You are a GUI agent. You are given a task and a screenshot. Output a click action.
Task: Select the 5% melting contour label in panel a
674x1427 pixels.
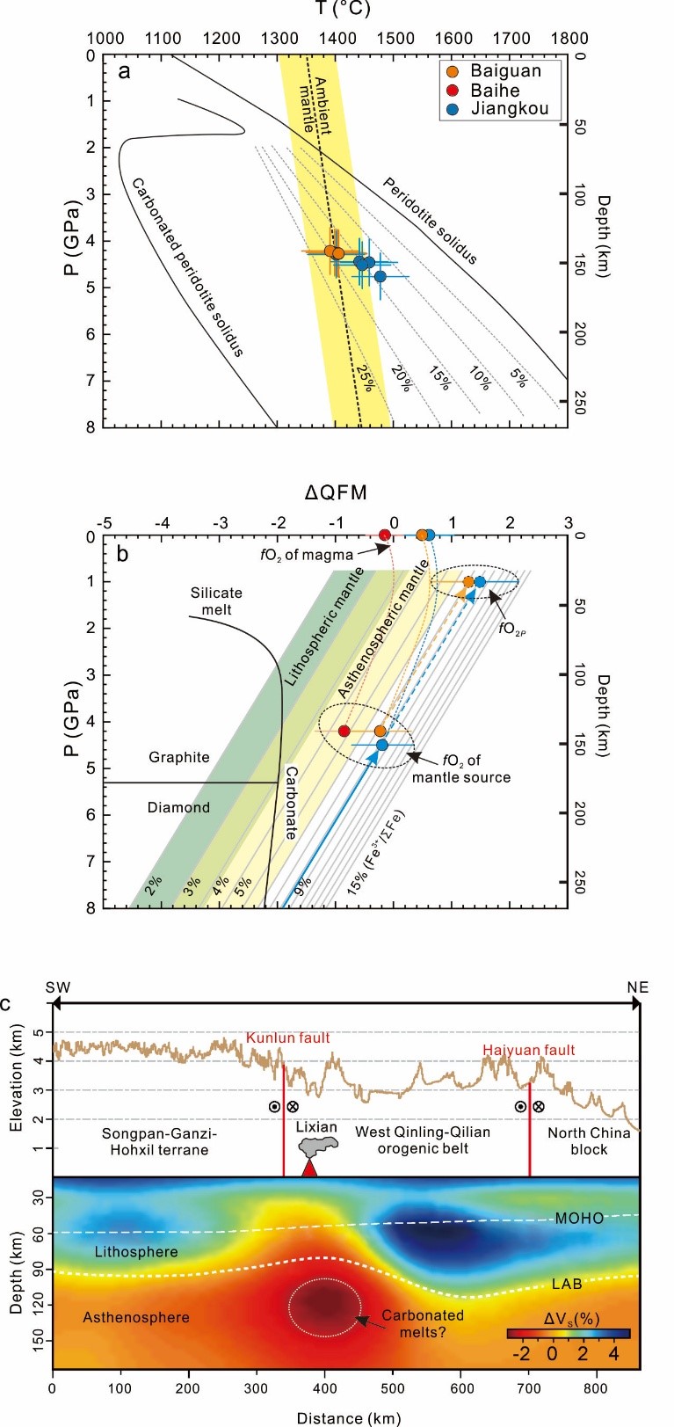tap(518, 377)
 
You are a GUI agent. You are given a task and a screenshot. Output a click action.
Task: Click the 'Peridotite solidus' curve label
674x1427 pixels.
tap(430, 220)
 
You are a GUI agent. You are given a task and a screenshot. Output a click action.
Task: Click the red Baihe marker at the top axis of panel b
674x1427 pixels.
tap(384, 535)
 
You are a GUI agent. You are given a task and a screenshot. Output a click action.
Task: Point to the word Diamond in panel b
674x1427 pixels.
tap(178, 807)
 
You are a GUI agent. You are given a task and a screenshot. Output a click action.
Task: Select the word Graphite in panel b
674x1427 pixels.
tap(178, 757)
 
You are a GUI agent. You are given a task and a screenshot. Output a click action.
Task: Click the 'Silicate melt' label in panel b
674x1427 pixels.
tap(216, 601)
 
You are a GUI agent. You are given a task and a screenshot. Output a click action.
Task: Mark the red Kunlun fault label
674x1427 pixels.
tap(287, 1038)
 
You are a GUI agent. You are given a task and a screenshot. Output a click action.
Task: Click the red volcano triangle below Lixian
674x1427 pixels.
tap(308, 1167)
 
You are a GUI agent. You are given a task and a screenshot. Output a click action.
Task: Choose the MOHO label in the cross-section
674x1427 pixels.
tap(579, 1218)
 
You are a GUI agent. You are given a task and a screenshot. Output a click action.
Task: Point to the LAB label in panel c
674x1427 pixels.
tap(567, 1284)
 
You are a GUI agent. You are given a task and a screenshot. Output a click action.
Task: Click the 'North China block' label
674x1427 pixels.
tap(589, 1140)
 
